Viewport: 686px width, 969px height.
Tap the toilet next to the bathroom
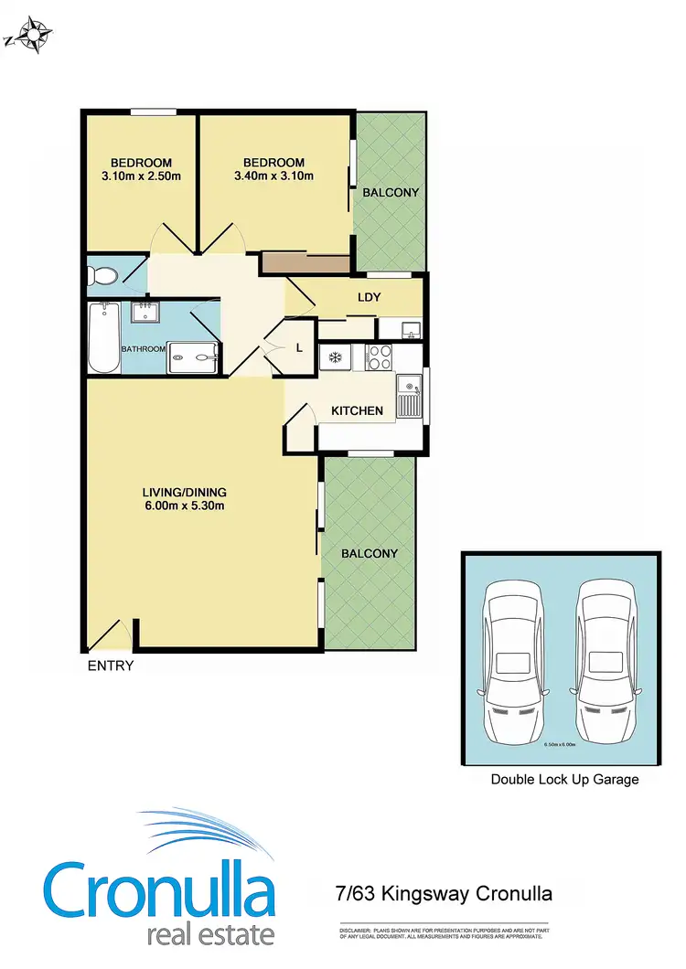pyautogui.click(x=102, y=275)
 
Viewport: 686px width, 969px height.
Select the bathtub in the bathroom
pyautogui.click(x=103, y=337)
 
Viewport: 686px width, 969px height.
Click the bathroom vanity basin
pyautogui.click(x=144, y=314)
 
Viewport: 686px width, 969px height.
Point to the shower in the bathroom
pyautogui.click(x=193, y=357)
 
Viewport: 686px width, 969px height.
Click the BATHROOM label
pyautogui.click(x=143, y=348)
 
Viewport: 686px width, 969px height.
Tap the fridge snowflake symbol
pyautogui.click(x=335, y=357)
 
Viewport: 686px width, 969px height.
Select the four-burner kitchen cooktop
pyautogui.click(x=379, y=357)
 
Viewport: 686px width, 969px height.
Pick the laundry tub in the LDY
pyautogui.click(x=411, y=328)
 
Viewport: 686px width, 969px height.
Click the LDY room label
pyautogui.click(x=369, y=297)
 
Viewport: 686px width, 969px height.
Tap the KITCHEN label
pyautogui.click(x=357, y=410)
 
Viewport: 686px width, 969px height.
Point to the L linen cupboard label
pyautogui.click(x=299, y=346)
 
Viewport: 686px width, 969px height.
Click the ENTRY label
pyautogui.click(x=110, y=666)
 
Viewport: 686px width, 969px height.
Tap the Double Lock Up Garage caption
pyautogui.click(x=564, y=780)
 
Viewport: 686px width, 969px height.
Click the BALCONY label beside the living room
pyautogui.click(x=370, y=553)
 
